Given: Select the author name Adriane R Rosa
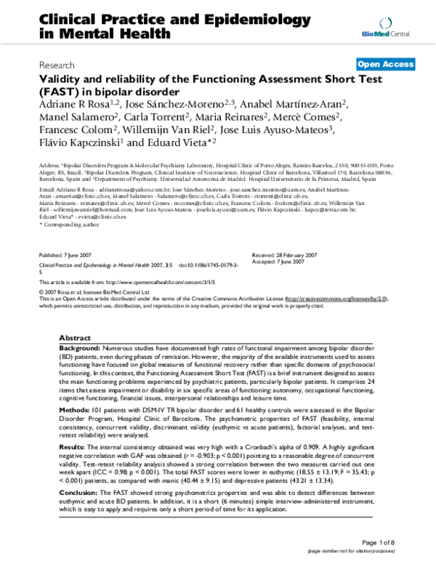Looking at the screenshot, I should coord(71,105).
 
